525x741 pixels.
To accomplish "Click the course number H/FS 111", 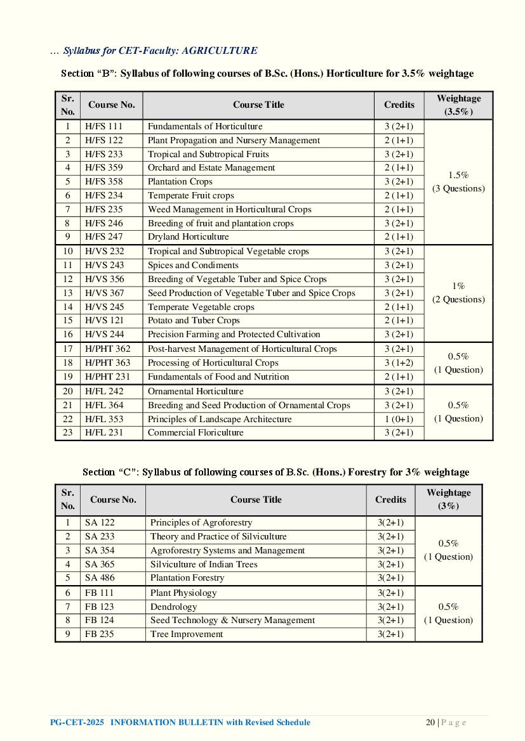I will (103, 126).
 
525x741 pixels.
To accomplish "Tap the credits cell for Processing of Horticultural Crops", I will (399, 363).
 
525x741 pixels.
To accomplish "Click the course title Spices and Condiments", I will (193, 265).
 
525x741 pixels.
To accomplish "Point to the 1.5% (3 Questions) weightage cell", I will (458, 182).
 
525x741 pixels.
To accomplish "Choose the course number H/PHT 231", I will (107, 377).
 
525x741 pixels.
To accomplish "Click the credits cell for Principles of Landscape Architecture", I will (399, 419).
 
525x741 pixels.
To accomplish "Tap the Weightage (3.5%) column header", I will (458, 105).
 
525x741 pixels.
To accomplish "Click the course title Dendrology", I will (173, 607).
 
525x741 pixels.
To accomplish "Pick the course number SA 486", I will (100, 577).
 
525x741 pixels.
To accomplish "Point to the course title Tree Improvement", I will (187, 634).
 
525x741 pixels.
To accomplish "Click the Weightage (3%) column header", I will (448, 499).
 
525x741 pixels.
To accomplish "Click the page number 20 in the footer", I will (430, 723).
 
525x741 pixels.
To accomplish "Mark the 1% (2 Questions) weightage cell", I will (458, 293).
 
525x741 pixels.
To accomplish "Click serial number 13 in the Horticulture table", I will (67, 293).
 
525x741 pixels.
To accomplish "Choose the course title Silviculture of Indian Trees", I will (204, 564).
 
